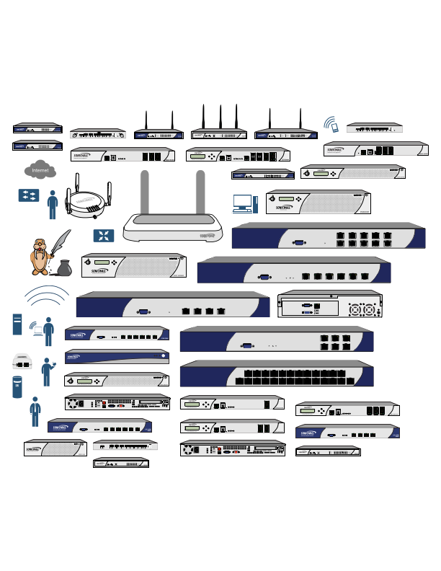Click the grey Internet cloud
40,171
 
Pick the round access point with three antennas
87,203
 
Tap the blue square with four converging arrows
103,236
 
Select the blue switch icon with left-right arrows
29,195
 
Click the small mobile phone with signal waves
331,125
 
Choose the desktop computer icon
242,203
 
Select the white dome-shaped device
21,360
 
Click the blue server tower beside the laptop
17,324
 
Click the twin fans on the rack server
362,310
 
